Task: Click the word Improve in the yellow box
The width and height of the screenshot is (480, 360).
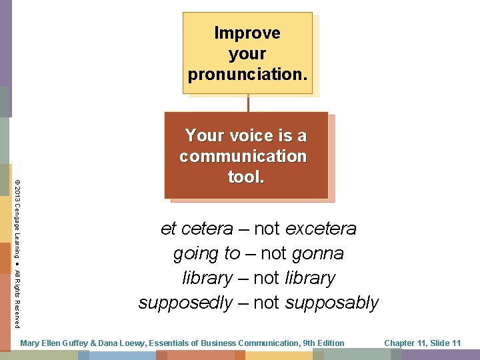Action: click(247, 33)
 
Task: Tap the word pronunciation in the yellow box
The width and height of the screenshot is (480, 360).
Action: click(247, 75)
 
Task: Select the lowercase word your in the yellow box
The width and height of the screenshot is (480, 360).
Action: click(247, 53)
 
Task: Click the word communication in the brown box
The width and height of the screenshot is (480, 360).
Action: click(243, 157)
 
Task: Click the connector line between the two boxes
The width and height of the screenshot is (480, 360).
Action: click(248, 103)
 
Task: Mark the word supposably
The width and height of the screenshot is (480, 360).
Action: click(331, 303)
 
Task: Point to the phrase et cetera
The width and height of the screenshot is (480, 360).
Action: click(197, 229)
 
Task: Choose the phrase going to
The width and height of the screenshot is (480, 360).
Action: click(206, 254)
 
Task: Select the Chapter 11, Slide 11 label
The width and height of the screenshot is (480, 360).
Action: click(422, 343)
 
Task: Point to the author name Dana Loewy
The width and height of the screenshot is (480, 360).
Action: click(121, 343)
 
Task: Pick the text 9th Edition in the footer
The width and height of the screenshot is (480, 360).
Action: click(323, 343)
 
